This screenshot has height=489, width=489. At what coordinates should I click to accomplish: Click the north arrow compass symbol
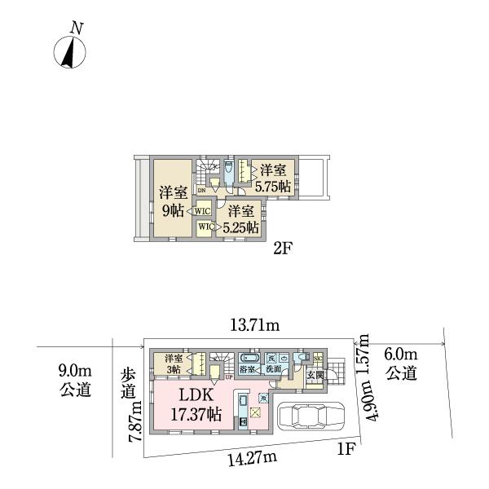point(71,51)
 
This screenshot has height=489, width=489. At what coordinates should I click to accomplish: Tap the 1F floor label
point(347,448)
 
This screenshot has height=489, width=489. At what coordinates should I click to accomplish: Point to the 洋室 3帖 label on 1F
point(173,364)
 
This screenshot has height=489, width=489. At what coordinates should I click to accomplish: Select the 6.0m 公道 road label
point(400,363)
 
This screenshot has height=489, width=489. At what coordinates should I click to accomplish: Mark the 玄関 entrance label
point(315,375)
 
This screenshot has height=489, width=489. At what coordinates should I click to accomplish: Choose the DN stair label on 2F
point(200,191)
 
